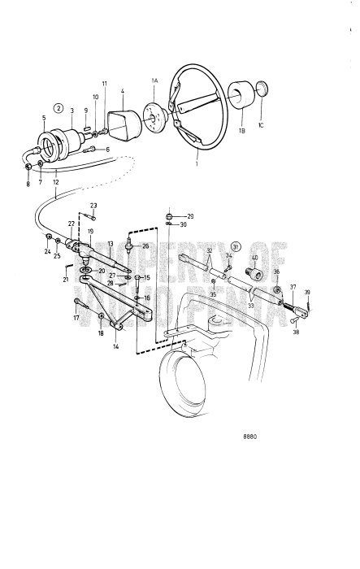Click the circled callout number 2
[59, 107]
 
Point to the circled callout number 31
[236, 245]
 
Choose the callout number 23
[93, 205]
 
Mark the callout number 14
[115, 346]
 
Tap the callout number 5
[44, 118]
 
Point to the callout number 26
[145, 245]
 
